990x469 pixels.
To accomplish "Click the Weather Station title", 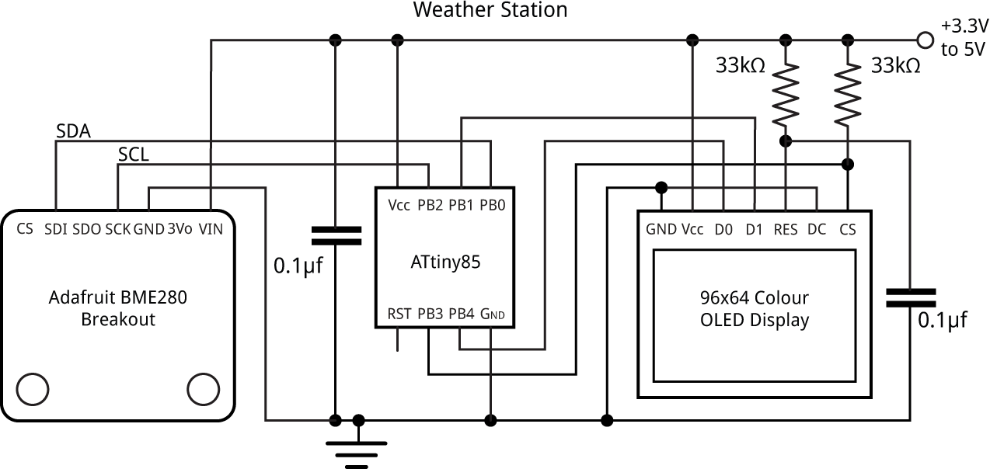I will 490,10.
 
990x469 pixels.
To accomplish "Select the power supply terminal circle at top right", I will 925,39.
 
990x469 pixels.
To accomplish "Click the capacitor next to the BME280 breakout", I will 336,236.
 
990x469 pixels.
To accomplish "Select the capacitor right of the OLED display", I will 910,297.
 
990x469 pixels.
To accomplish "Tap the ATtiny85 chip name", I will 445,262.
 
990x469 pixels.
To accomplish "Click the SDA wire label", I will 73,131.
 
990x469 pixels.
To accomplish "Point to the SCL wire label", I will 133,155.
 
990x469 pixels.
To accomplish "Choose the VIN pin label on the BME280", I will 210,229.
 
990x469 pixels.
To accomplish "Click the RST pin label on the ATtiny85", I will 398,314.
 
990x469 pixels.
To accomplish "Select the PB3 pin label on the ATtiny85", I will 430,314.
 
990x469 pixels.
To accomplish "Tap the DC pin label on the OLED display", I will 817,229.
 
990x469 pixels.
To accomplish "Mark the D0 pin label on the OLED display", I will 723,229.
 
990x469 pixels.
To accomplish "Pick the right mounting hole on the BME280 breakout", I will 204,388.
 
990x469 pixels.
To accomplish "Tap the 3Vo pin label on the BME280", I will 180,229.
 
